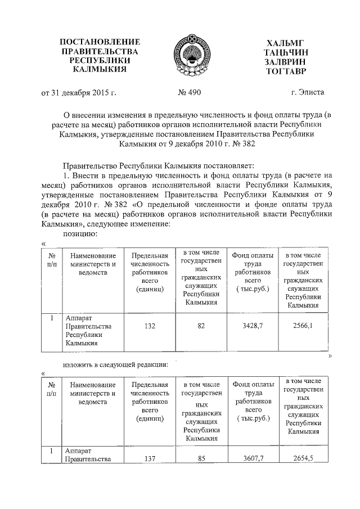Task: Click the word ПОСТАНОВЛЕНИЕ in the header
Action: point(100,42)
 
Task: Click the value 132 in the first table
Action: point(149,326)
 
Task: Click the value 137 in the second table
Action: point(149,459)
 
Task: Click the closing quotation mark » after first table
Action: point(330,356)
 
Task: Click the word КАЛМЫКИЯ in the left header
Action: point(100,70)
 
